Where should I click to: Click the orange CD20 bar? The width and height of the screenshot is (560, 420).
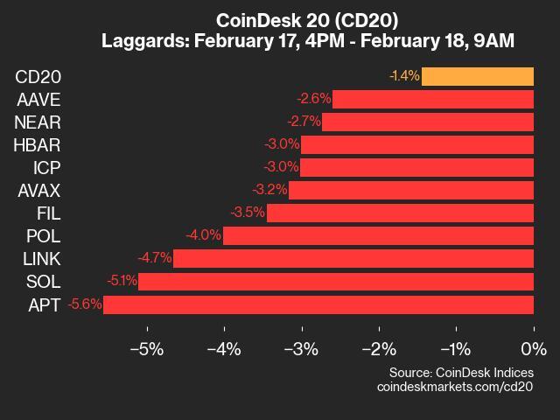(478, 76)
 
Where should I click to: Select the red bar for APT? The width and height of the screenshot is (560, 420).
(318, 304)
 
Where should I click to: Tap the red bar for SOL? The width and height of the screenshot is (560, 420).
(336, 282)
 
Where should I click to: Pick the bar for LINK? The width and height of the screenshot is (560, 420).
(353, 258)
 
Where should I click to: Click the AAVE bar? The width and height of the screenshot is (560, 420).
(433, 99)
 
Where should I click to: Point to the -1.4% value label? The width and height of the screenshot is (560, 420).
(404, 76)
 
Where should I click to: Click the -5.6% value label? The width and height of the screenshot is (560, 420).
(85, 304)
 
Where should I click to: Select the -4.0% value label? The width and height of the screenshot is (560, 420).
(203, 235)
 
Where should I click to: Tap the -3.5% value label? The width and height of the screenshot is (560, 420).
(248, 213)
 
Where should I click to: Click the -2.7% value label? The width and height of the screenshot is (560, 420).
(304, 122)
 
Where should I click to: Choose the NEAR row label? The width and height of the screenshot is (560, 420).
(38, 122)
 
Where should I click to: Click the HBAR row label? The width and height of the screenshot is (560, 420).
(38, 144)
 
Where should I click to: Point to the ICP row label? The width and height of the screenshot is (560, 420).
(45, 167)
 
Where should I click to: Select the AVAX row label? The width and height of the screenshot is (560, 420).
(38, 190)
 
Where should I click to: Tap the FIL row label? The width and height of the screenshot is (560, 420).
(48, 213)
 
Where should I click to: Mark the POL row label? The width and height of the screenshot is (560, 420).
(44, 235)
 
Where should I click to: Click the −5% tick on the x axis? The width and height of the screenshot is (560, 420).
(146, 349)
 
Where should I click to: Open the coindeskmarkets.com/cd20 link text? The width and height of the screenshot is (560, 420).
(455, 386)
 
